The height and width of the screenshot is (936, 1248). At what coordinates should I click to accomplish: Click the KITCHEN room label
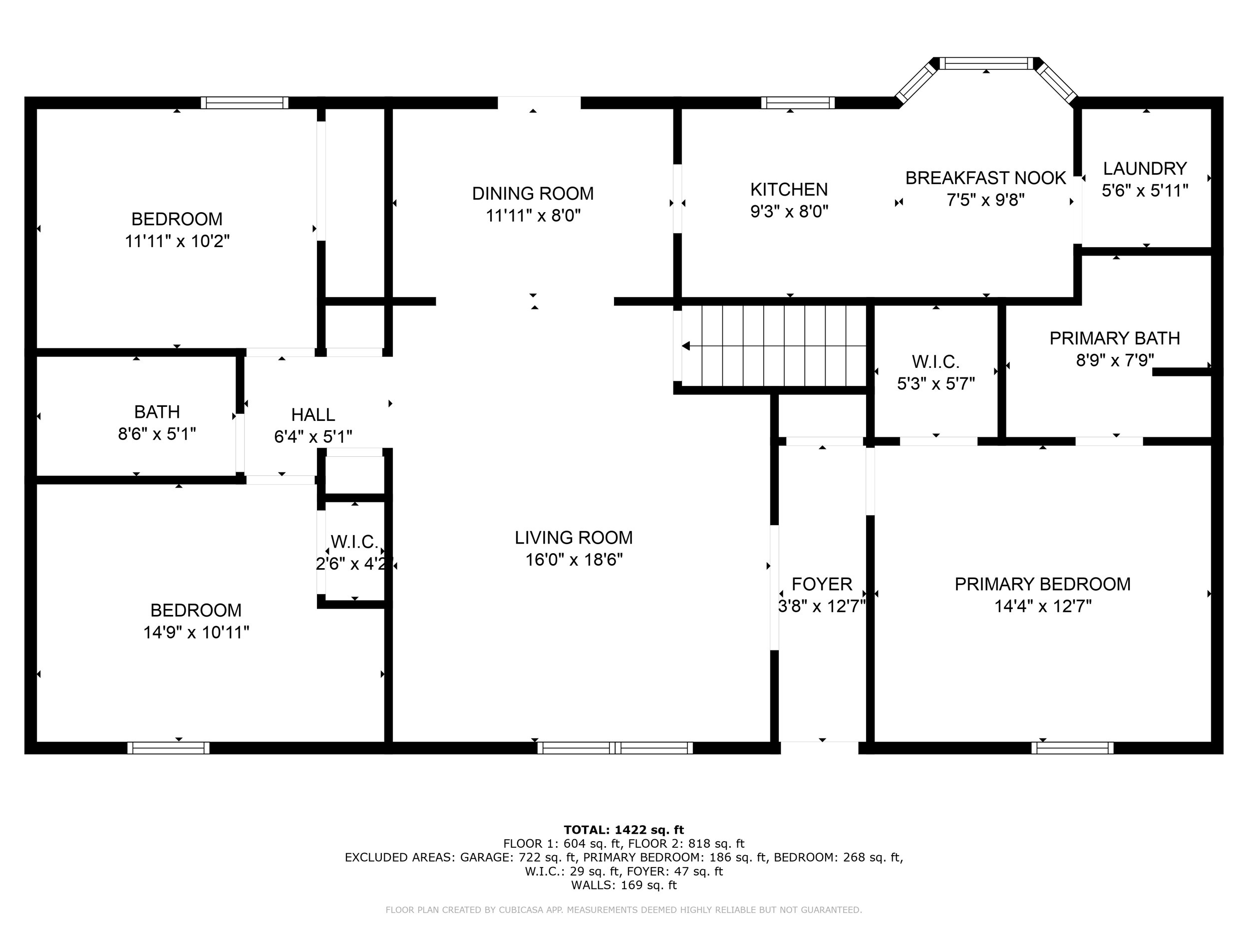pos(789,189)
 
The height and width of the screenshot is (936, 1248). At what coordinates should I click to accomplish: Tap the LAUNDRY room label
pos(1145,169)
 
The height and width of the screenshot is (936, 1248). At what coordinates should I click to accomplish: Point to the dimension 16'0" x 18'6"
pos(574,560)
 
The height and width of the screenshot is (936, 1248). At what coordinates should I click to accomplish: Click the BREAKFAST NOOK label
pos(985,178)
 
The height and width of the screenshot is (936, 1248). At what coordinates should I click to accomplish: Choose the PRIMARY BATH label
pos(1115,338)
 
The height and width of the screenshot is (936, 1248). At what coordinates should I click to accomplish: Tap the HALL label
pos(313,415)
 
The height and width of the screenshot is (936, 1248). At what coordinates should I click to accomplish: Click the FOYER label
pos(822,584)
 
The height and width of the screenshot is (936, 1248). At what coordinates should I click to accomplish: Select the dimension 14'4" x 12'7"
pos(1043,607)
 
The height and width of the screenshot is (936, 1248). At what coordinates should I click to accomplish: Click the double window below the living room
pos(615,748)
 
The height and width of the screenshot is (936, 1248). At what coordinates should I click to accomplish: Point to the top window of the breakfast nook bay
pos(986,63)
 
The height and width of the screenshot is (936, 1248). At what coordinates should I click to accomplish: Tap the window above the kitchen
pos(798,103)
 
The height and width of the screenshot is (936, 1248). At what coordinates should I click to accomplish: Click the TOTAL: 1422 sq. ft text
pos(624,830)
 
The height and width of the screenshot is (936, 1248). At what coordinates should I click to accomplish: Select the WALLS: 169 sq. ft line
pos(624,885)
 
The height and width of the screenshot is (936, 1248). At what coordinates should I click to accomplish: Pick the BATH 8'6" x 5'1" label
pos(157,423)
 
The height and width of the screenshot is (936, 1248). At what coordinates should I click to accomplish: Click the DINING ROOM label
pos(533,194)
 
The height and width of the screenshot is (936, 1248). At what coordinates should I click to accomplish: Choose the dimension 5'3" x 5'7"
pos(936,384)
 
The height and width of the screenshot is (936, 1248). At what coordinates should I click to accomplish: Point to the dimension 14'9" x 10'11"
pos(196,632)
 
